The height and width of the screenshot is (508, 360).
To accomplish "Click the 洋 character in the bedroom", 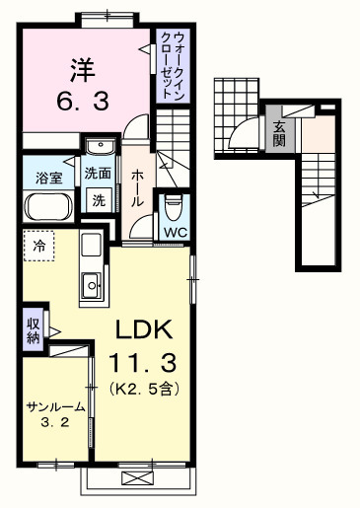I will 83,70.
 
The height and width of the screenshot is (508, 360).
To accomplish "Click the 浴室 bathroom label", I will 48,179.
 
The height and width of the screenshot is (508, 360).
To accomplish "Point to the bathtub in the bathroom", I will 46,207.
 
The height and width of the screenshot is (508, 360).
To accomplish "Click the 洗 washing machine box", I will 99,199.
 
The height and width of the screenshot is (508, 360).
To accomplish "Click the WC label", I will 174,233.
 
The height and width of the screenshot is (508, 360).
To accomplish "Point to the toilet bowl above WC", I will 174,208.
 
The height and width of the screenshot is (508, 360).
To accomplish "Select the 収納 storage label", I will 34,330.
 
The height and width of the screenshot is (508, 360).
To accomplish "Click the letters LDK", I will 145,329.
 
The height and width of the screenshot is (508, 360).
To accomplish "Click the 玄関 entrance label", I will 279,132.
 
